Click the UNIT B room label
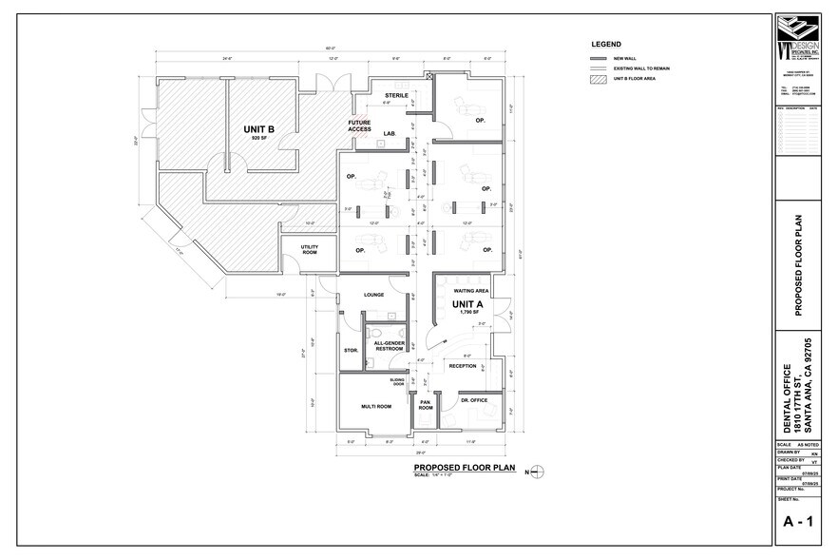pyautogui.click(x=259, y=129)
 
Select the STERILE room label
pyautogui.click(x=396, y=96)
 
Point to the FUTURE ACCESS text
pyautogui.click(x=359, y=125)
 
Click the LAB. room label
pyautogui.click(x=390, y=133)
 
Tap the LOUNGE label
pyautogui.click(x=373, y=295)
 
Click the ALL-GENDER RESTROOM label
pyautogui.click(x=389, y=346)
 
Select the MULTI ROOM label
pyautogui.click(x=376, y=406)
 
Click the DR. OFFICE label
pyautogui.click(x=473, y=400)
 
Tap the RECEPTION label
pyautogui.click(x=463, y=365)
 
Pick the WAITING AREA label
pyautogui.click(x=471, y=290)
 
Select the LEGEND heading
pyautogui.click(x=606, y=45)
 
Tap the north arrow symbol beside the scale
pyautogui.click(x=538, y=471)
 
